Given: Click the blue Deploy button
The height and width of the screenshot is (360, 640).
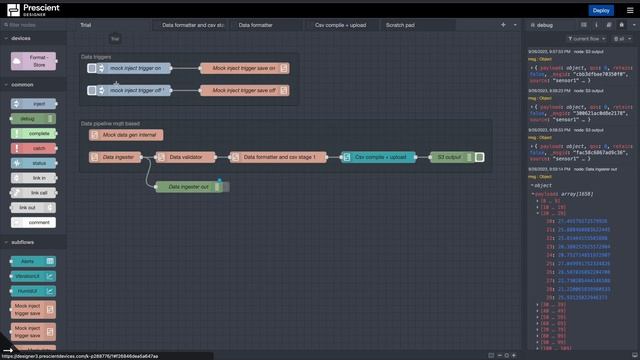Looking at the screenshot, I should [600, 10].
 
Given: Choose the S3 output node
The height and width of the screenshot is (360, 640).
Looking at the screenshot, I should [450, 157].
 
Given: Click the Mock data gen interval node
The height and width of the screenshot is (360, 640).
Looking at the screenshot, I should [130, 134].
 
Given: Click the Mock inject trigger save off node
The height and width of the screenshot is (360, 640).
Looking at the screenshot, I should [244, 90].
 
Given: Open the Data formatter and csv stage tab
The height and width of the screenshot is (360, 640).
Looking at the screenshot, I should [192, 24].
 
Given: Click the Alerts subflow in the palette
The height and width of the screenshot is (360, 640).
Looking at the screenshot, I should [33, 261].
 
